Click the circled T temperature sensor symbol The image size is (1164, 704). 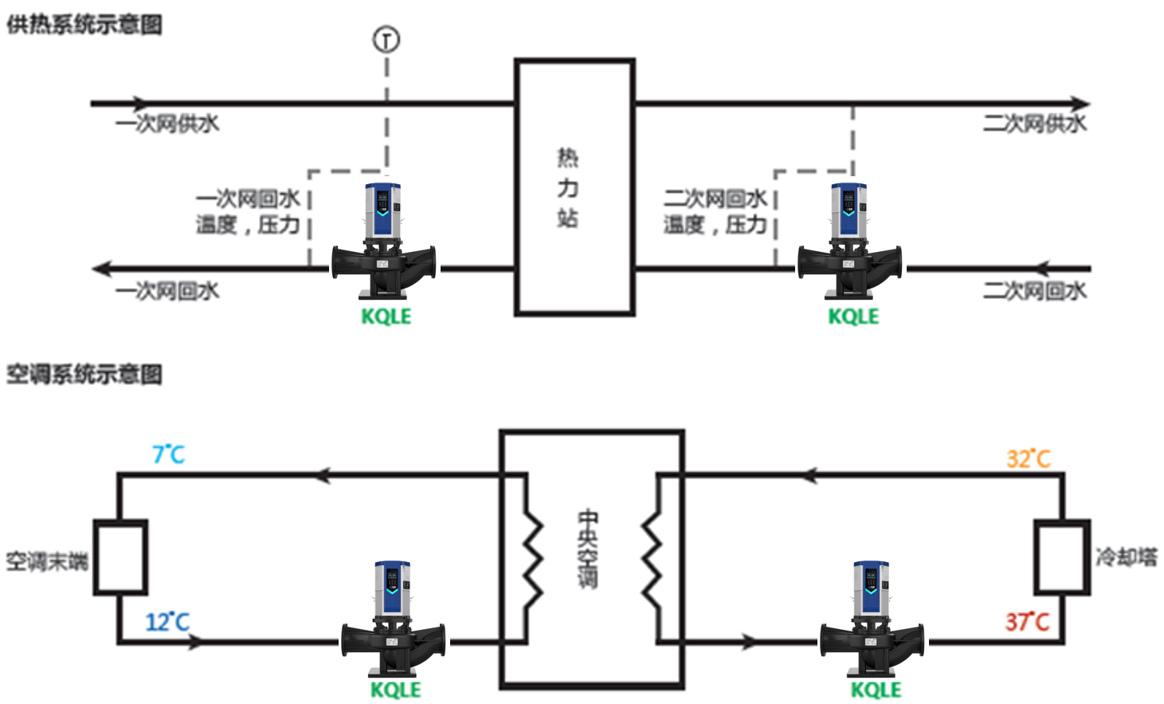click(386, 39)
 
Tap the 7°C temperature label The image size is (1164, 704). click(169, 455)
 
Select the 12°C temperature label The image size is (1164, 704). click(167, 622)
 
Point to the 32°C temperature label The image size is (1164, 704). click(1028, 459)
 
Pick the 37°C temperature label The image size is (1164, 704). click(1027, 622)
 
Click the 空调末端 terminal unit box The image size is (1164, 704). click(120, 557)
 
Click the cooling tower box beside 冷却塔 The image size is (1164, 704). click(1061, 557)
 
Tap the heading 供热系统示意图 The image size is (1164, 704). click(84, 25)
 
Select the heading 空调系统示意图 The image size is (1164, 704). click(84, 374)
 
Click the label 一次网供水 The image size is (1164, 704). click(167, 124)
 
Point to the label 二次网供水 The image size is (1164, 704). click(1034, 124)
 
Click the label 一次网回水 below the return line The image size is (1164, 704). click(167, 291)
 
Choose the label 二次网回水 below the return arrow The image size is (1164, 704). click(1034, 291)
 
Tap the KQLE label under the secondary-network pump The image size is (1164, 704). click(853, 317)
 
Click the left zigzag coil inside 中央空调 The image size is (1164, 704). click(532, 557)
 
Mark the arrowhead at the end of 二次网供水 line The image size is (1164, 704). click(1080, 104)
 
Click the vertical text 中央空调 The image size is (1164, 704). click(587, 549)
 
